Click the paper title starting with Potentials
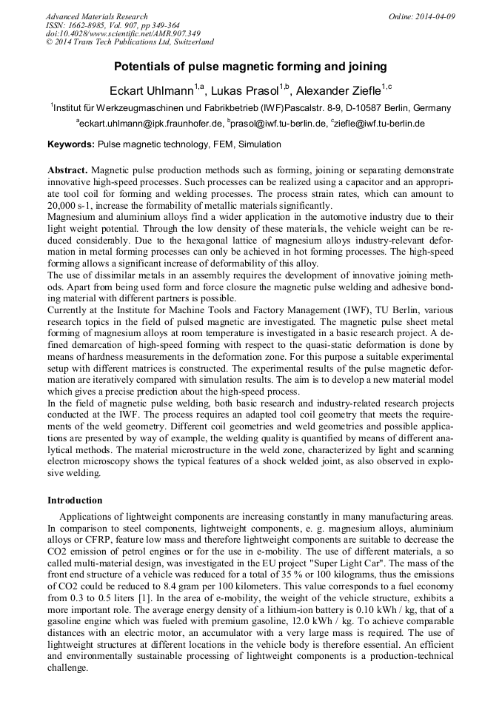point(250,67)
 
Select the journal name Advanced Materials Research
point(96,16)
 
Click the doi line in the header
point(123,33)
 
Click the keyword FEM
point(216,144)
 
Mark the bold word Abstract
point(67,170)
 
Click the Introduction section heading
point(75,500)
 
